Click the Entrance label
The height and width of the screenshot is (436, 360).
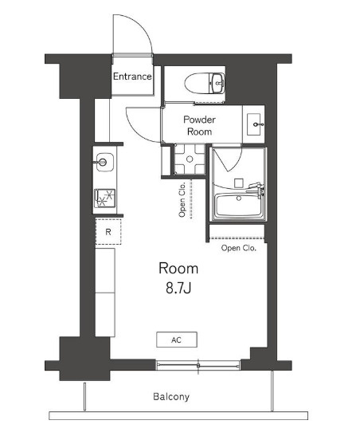tap(132, 77)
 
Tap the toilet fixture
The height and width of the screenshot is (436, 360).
tap(205, 84)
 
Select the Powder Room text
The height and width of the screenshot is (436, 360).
tap(199, 125)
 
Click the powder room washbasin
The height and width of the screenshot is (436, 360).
tap(254, 124)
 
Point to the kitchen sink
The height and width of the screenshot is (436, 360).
tap(104, 162)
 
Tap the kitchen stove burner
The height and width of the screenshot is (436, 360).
tap(104, 198)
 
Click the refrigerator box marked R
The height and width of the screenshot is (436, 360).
tap(108, 232)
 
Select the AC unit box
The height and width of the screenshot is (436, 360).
tap(177, 340)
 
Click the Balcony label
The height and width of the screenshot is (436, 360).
tap(171, 396)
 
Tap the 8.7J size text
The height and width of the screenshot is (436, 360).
tap(178, 289)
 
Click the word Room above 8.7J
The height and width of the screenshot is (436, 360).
tap(178, 269)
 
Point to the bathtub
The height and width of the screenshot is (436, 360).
tap(239, 205)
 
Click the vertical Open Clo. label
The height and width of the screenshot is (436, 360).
tap(182, 199)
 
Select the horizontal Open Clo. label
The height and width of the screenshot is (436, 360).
tap(239, 248)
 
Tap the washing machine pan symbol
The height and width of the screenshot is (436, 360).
tap(190, 159)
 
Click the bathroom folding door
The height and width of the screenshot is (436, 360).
tap(228, 159)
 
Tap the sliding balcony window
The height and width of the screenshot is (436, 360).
tap(198, 365)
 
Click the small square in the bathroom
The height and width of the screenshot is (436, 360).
tap(239, 183)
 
